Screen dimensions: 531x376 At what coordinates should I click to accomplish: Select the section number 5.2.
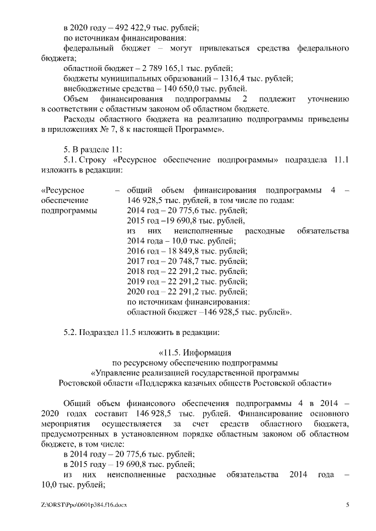click(x=71, y=332)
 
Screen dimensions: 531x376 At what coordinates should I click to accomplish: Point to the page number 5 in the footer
click(x=347, y=505)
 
